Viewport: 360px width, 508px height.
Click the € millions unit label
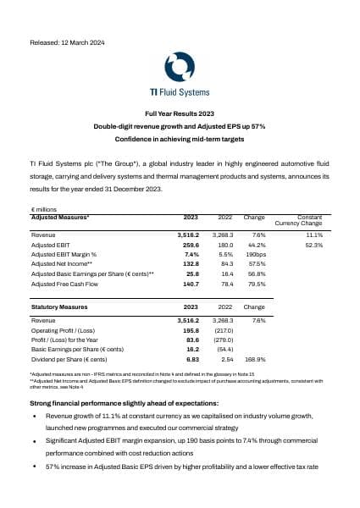pyautogui.click(x=42, y=208)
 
